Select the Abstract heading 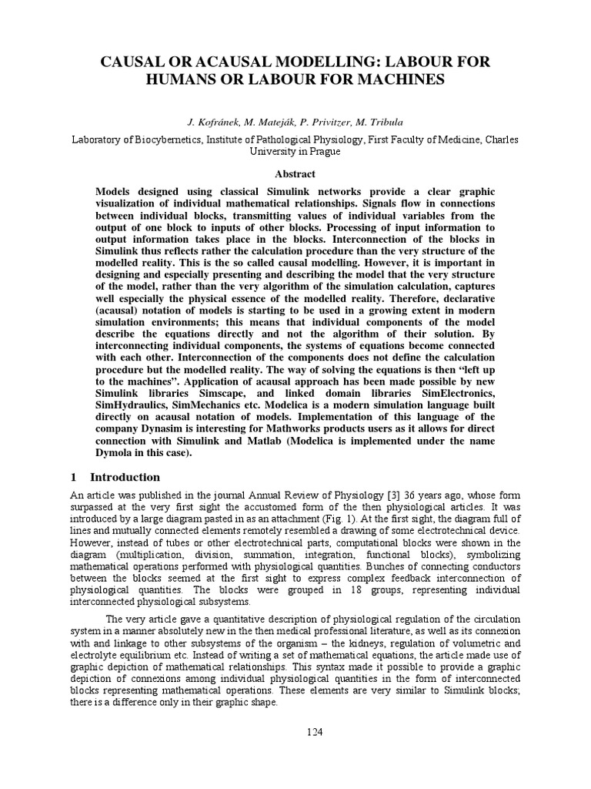coord(295,174)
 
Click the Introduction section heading coord(124,477)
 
